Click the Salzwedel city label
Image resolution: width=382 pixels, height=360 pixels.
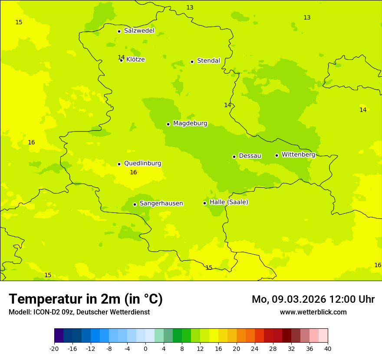(139, 31)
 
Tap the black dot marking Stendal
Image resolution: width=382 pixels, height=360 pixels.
(192, 62)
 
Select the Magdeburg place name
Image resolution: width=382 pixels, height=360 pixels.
(190, 124)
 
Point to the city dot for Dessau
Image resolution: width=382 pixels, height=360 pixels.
(234, 157)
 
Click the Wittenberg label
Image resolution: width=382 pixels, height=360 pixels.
(298, 154)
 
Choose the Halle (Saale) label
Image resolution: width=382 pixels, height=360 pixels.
(229, 202)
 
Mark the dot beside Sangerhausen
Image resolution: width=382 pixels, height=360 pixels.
(135, 204)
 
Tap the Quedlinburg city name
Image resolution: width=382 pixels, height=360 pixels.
(142, 164)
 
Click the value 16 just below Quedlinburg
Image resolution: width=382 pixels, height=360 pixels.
(133, 173)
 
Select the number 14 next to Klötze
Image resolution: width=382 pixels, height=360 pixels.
(121, 58)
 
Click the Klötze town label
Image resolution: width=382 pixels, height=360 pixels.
(135, 59)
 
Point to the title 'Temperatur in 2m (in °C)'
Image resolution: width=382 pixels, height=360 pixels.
(86, 299)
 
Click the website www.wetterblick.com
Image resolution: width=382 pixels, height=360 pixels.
(313, 312)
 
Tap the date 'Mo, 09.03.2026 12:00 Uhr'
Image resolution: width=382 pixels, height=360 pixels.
(313, 299)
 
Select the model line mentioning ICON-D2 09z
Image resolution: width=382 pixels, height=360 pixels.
(79, 312)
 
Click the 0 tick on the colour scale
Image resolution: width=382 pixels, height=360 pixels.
(145, 349)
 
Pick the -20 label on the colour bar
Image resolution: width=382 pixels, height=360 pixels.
(54, 349)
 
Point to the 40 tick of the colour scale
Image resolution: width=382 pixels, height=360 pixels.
(328, 349)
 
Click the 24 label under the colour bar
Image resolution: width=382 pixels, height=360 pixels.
(255, 349)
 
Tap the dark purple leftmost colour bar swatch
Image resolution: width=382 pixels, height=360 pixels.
(59, 336)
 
